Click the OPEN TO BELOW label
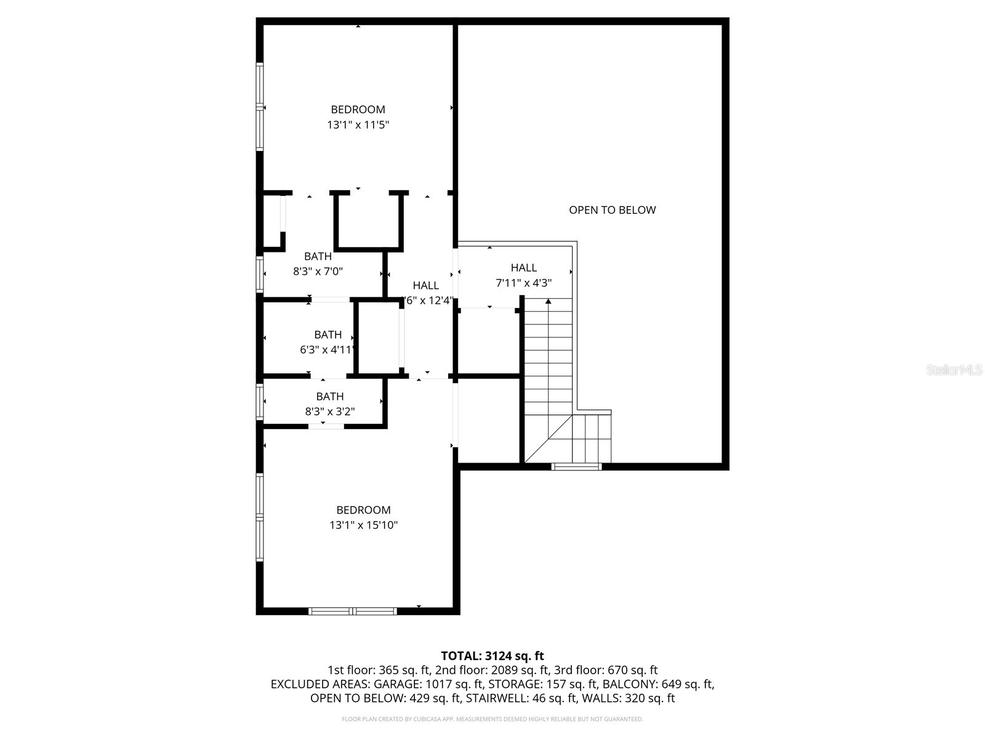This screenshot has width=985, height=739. pyautogui.click(x=612, y=210)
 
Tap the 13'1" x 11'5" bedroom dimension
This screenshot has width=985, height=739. pyautogui.click(x=358, y=125)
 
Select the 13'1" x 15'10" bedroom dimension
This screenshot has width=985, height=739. pyautogui.click(x=363, y=525)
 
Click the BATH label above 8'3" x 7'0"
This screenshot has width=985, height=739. pyautogui.click(x=318, y=256)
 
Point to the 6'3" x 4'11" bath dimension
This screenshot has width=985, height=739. pyautogui.click(x=327, y=350)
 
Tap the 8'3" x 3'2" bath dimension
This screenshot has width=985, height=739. pyautogui.click(x=330, y=411)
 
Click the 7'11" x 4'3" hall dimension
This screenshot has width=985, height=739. pyautogui.click(x=523, y=283)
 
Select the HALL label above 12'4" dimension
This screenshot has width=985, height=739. pyautogui.click(x=425, y=286)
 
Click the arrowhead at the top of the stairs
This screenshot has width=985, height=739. pyautogui.click(x=548, y=301)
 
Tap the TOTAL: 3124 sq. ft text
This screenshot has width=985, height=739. pyautogui.click(x=492, y=656)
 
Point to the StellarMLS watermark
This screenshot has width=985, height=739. pyautogui.click(x=954, y=370)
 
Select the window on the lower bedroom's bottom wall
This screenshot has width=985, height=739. pyautogui.click(x=352, y=611)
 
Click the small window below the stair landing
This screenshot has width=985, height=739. pyautogui.click(x=577, y=466)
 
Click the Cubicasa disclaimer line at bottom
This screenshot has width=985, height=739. pyautogui.click(x=492, y=719)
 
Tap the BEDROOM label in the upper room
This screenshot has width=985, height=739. pyautogui.click(x=358, y=110)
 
